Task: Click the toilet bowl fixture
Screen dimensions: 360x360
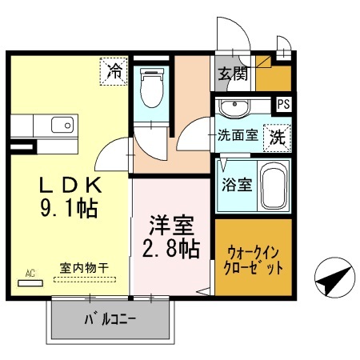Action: point(151,87)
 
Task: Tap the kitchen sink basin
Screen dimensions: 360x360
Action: point(62,125)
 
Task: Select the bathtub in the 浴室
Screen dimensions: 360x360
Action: point(274,186)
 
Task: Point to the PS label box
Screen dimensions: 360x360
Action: point(283,104)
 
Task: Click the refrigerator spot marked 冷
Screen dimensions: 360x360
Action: point(114,71)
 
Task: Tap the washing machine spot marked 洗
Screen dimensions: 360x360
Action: point(278,138)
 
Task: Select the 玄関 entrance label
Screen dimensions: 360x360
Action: point(233,74)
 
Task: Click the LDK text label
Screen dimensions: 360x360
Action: point(70,185)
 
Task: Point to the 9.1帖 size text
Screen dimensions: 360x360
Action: point(70,209)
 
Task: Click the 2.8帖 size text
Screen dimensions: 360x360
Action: point(171,249)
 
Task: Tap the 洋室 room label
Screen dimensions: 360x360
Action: point(171,225)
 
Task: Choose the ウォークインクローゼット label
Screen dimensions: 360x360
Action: point(253,261)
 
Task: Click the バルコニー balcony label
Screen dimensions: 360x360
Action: point(110,319)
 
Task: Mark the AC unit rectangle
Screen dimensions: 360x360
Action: point(30,283)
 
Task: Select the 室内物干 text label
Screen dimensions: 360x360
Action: point(84,268)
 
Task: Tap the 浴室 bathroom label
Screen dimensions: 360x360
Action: point(237,185)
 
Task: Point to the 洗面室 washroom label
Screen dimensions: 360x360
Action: point(238,135)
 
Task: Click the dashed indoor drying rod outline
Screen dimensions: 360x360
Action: point(85,280)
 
